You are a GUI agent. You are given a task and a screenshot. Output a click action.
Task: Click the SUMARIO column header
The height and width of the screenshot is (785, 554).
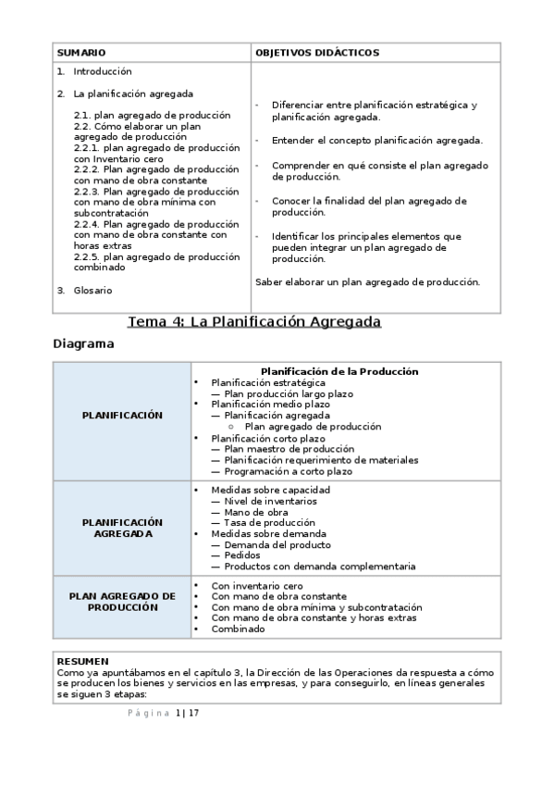tap(81, 54)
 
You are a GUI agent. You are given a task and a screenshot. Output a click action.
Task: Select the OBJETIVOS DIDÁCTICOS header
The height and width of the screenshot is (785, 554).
tap(316, 54)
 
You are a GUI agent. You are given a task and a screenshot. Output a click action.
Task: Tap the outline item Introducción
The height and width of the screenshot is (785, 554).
tap(103, 71)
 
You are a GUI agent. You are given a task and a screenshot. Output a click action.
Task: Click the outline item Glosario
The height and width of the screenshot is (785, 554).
tap(92, 290)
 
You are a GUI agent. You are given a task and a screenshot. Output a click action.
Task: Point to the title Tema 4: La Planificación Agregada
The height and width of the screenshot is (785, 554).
tap(254, 322)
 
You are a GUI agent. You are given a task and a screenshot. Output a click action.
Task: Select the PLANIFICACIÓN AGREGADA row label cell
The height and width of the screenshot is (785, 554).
tap(122, 528)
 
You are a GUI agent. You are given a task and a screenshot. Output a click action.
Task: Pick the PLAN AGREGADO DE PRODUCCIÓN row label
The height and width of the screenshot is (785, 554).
tap(122, 602)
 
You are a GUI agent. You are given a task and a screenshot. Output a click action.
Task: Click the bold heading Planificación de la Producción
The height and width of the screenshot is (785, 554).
tap(339, 371)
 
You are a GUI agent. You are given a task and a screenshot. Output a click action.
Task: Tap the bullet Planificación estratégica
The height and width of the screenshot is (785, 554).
tap(268, 382)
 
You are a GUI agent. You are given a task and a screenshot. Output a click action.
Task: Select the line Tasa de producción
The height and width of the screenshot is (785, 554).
tap(269, 523)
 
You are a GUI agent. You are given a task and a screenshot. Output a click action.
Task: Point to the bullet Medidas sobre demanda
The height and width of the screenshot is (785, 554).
tap(268, 534)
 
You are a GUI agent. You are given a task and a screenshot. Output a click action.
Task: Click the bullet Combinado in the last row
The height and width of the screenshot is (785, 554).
tap(238, 629)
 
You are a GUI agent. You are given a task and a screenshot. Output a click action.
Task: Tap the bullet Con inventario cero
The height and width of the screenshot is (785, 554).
tap(257, 586)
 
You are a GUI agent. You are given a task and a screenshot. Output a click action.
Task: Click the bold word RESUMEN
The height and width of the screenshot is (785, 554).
tap(82, 661)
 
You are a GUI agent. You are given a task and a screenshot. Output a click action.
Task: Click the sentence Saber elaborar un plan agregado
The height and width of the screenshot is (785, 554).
tap(367, 281)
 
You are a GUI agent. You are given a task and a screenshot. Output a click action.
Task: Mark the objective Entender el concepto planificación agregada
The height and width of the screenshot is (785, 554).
tap(376, 140)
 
